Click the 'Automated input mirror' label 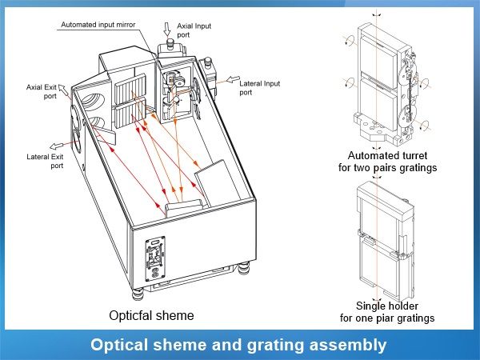coord(99,24)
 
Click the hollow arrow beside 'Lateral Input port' coord(227,79)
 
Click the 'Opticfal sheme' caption coord(151,315)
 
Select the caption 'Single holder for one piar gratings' coord(387,312)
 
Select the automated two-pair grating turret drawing coord(384,80)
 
